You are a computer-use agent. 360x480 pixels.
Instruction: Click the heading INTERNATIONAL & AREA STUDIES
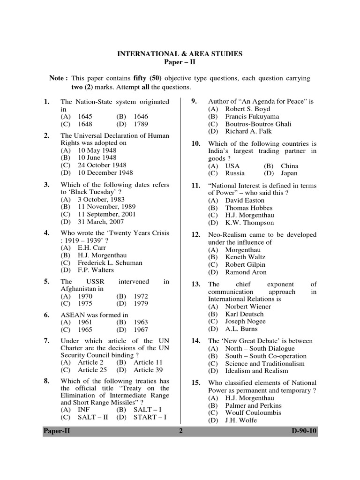(180, 54)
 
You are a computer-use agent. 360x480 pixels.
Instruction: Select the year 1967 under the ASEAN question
(141, 330)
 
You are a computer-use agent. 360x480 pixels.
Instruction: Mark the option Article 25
(89, 370)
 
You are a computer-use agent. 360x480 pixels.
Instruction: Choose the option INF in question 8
(83, 409)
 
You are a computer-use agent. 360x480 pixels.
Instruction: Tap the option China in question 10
(289, 166)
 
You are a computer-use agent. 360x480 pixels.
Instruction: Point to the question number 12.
(196, 235)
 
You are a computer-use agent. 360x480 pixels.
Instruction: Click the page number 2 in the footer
(180, 432)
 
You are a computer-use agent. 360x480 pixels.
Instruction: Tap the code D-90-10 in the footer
(301, 432)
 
